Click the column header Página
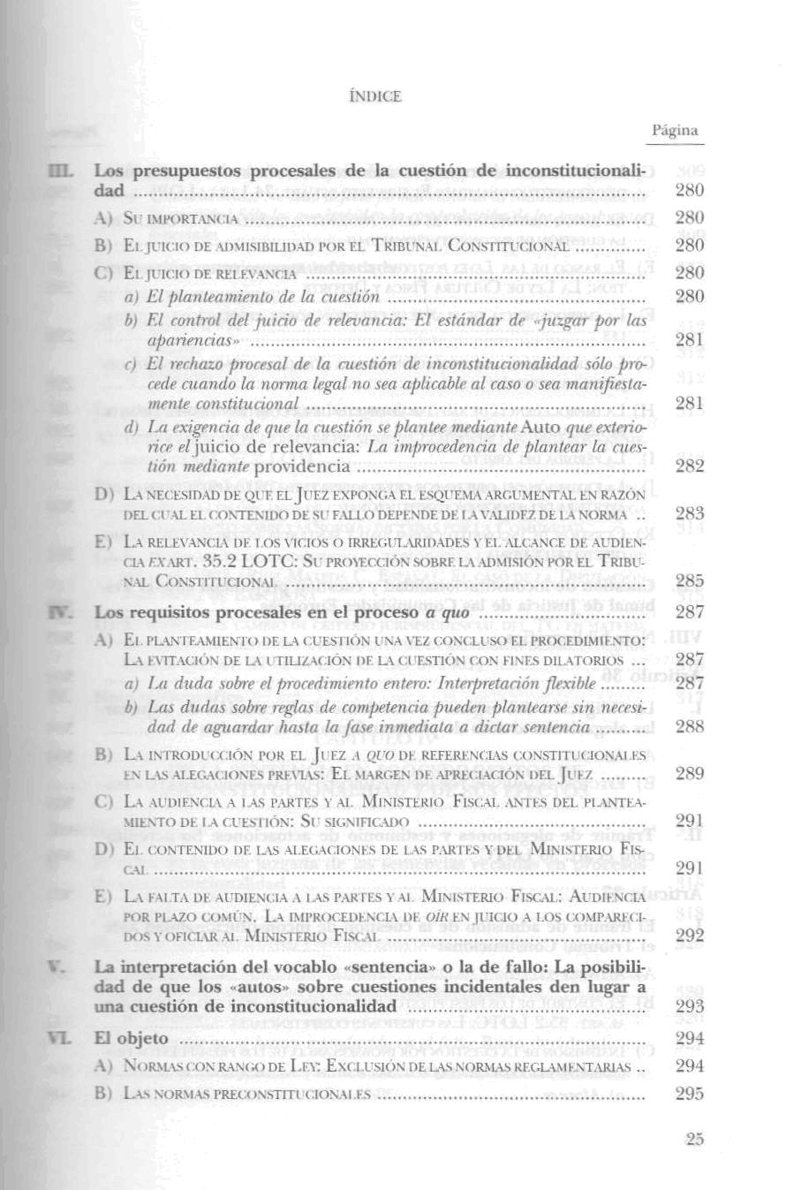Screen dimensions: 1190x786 676,131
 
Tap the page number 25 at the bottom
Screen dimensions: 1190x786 693,1140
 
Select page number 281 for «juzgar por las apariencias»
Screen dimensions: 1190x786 689,340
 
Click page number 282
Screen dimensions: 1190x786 689,466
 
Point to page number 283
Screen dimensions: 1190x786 689,513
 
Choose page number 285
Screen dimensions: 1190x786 689,580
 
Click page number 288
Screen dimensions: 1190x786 689,727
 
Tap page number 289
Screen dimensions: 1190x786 689,774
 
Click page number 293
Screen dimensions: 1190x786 689,1006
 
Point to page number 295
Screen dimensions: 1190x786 689,1093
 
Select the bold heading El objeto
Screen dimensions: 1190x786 132,1039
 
